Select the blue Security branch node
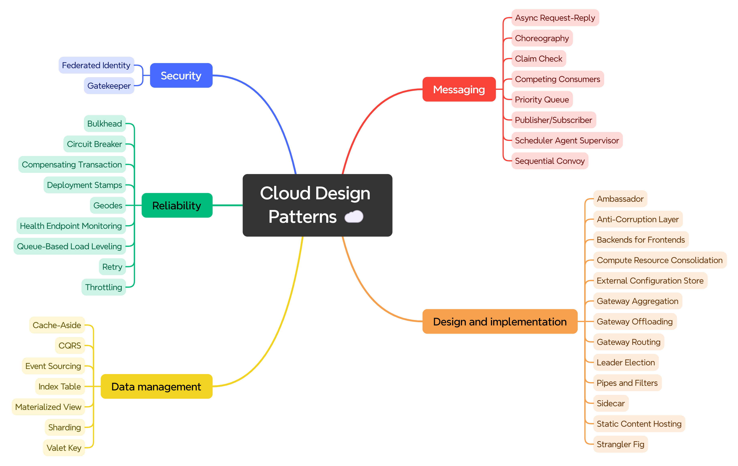click(x=181, y=75)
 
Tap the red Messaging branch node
click(x=459, y=89)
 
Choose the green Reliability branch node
click(x=177, y=205)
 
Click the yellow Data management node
click(x=156, y=387)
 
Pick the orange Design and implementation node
click(x=500, y=322)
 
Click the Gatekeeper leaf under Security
click(x=109, y=86)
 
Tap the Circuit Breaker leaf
click(x=94, y=144)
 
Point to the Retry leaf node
click(x=112, y=267)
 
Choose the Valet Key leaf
click(x=64, y=448)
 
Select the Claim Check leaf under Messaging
click(x=539, y=59)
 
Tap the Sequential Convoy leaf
click(x=550, y=161)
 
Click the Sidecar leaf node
click(x=610, y=403)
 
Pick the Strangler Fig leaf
click(x=620, y=444)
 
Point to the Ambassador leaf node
click(x=620, y=199)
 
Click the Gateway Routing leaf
click(x=628, y=342)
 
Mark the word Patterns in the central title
click(x=303, y=217)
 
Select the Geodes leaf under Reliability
click(x=108, y=205)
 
